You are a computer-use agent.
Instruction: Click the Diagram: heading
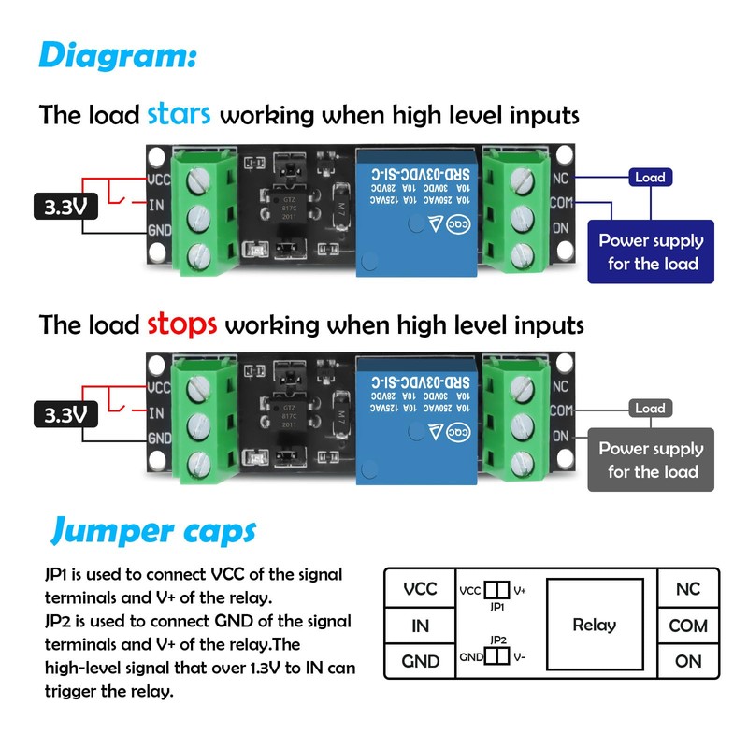tap(117, 54)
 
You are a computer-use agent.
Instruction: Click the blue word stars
tap(179, 115)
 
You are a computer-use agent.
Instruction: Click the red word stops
tap(182, 324)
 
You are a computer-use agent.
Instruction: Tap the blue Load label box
tap(650, 177)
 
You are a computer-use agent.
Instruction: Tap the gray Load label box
tap(650, 409)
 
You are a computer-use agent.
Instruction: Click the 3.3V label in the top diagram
tap(65, 207)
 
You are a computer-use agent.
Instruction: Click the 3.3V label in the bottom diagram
tap(65, 413)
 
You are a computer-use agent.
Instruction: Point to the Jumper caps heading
tap(152, 531)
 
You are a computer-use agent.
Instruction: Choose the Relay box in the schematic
tap(595, 625)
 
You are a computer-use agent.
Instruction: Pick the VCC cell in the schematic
tap(420, 589)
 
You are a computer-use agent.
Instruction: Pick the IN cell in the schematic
tap(420, 626)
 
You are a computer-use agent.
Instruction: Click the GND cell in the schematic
tap(420, 661)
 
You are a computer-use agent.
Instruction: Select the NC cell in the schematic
tap(688, 589)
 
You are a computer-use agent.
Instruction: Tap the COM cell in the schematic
tap(688, 626)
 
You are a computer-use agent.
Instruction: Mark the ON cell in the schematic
tap(688, 661)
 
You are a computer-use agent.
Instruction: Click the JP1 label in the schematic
tap(497, 606)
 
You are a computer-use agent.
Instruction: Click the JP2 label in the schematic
tap(497, 640)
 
